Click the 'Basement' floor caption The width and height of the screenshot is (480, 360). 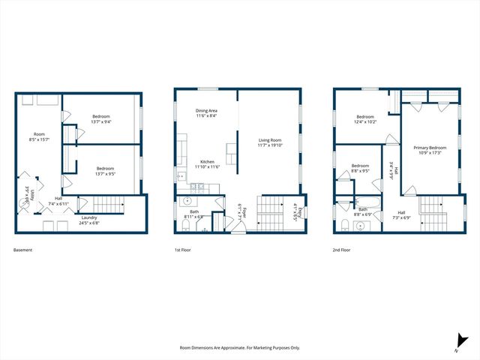[22, 250]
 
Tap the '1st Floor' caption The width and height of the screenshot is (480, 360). [182, 250]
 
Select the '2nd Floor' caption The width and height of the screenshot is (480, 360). [342, 250]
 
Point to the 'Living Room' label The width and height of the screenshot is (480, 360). [270, 140]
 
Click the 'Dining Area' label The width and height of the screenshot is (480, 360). [206, 110]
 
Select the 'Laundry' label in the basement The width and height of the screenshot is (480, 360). [90, 217]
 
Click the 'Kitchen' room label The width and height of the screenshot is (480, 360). [208, 161]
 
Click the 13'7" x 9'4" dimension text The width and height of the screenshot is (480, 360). [101, 121]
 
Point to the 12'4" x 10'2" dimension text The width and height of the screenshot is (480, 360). [365, 122]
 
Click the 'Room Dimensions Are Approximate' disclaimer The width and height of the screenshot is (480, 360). [239, 348]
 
